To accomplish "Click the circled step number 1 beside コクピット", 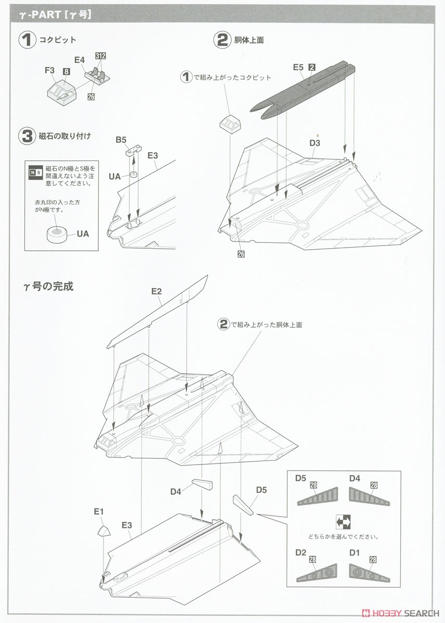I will tap(27, 40).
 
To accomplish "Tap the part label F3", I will tap(50, 70).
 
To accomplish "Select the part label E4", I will tap(79, 60).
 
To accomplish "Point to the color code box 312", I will tap(100, 55).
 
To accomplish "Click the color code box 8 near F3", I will tap(67, 72).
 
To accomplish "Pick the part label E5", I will tap(297, 67).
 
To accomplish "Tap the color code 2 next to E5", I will tap(312, 67).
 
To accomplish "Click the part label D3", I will tap(315, 143).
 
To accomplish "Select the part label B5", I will tap(121, 140).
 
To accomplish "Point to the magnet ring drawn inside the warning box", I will tap(58, 235).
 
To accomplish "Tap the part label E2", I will tap(156, 291).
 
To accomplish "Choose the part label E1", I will tap(99, 511).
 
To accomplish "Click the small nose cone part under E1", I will tap(103, 530).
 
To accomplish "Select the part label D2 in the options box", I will tap(300, 553).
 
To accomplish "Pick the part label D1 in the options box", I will tap(355, 553).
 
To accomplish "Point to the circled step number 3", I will tap(27, 137).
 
